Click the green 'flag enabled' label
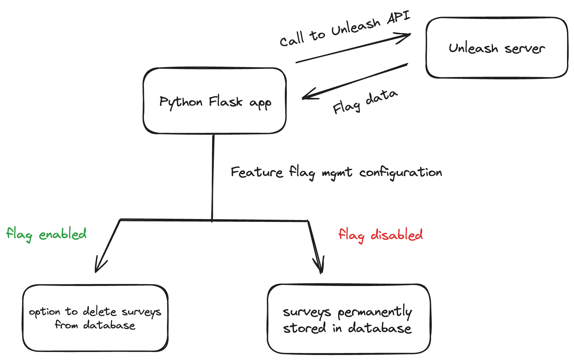[47, 234]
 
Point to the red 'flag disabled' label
[380, 235]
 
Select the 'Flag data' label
[365, 102]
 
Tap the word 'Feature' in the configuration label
[257, 172]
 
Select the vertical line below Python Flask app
[213, 177]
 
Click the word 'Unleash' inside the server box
[473, 48]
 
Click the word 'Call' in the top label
[292, 39]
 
